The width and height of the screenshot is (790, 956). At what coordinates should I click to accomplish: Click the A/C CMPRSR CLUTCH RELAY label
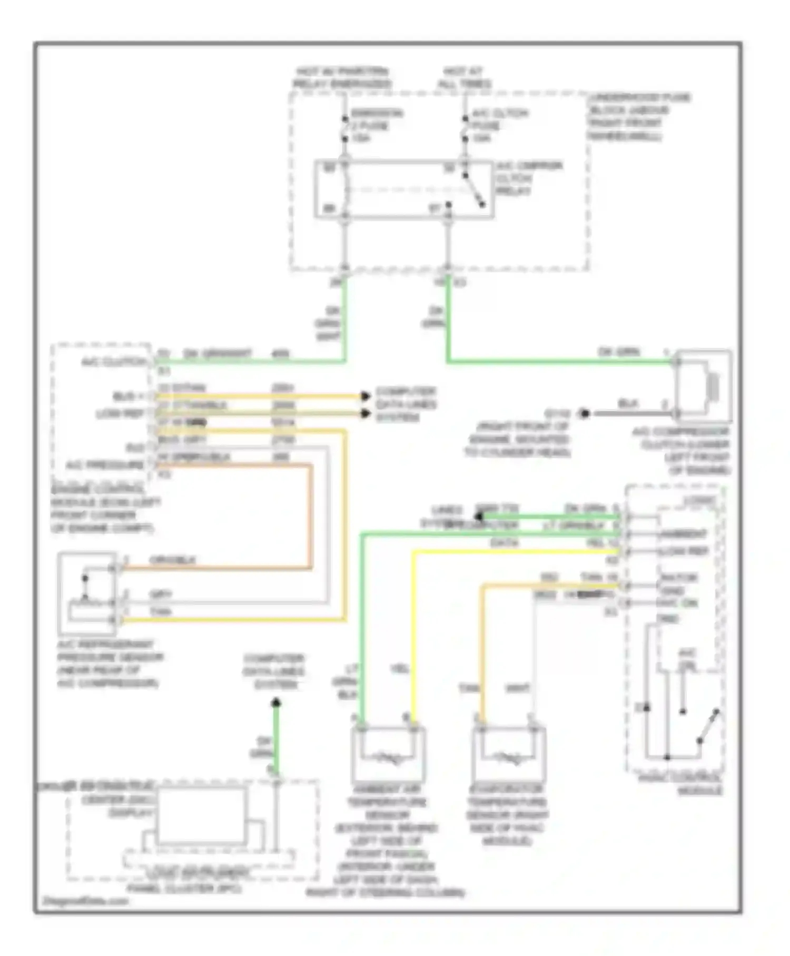click(528, 178)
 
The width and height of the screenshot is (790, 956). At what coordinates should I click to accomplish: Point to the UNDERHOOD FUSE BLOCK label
click(638, 116)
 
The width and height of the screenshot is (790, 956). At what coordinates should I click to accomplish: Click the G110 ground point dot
click(584, 414)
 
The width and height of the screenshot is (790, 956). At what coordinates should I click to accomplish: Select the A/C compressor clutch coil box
click(704, 386)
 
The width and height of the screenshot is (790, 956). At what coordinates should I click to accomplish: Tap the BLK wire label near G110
click(628, 404)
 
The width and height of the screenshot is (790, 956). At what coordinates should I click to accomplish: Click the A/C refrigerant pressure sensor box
click(87, 593)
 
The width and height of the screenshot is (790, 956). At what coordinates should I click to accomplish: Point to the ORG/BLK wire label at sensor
click(172, 560)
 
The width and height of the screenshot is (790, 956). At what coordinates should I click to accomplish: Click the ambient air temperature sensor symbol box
click(388, 754)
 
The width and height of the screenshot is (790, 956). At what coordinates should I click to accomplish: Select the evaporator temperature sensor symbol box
click(509, 754)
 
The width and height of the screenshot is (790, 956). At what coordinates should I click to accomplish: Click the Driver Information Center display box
click(201, 816)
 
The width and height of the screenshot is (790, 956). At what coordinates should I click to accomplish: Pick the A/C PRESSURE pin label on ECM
click(104, 465)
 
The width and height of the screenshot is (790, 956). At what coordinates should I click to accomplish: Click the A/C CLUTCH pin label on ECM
click(113, 363)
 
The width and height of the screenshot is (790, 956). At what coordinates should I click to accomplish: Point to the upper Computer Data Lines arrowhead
click(365, 396)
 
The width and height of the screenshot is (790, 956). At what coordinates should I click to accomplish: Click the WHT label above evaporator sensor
click(517, 688)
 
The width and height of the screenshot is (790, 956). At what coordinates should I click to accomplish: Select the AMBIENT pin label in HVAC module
click(683, 534)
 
